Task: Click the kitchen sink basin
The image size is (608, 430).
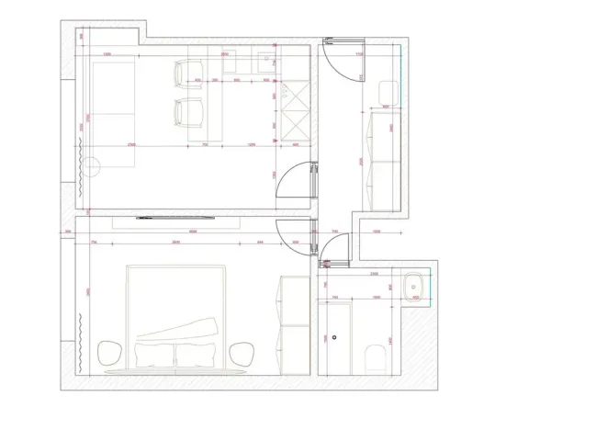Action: [x=268, y=62]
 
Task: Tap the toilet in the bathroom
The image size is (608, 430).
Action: [x=372, y=358]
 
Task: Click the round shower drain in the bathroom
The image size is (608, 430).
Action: [x=337, y=337]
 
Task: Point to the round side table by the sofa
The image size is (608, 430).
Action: [x=92, y=167]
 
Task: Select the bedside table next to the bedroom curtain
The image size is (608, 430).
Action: [x=110, y=352]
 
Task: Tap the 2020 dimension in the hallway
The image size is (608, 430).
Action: [x=361, y=160]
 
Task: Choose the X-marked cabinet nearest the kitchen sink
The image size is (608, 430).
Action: [x=295, y=95]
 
